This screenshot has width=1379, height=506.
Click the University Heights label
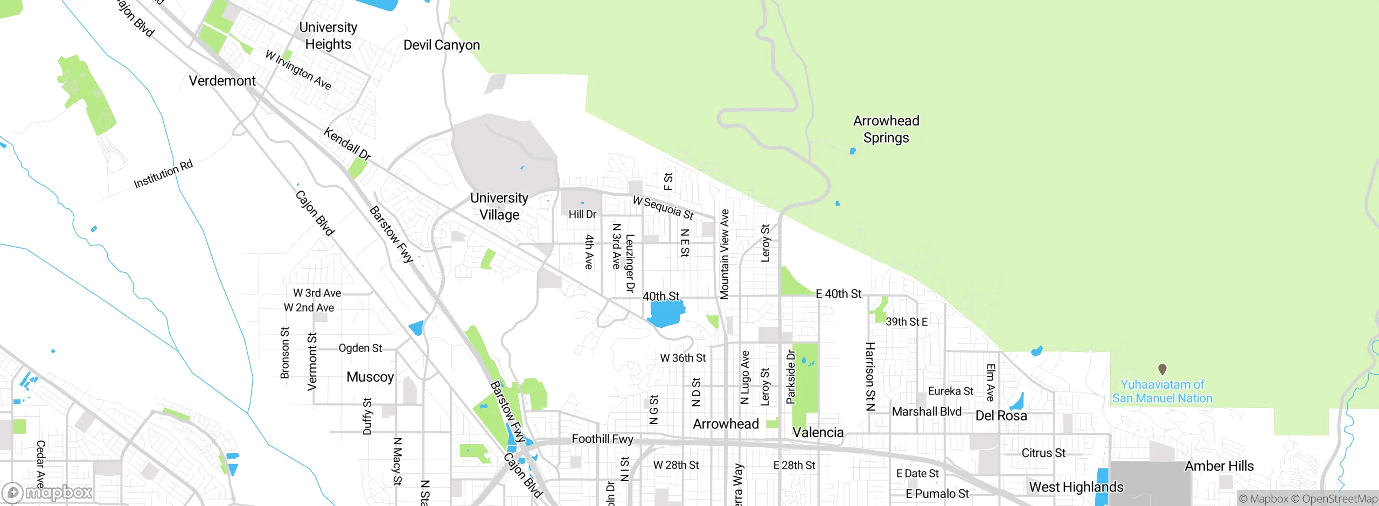click(328, 36)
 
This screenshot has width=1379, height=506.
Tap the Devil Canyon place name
click(441, 45)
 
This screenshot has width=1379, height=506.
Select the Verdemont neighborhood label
click(222, 81)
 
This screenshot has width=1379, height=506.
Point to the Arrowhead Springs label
click(886, 129)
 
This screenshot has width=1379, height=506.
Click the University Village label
click(499, 206)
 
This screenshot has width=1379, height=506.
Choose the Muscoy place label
click(370, 377)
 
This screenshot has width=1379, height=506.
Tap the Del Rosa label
click(1001, 416)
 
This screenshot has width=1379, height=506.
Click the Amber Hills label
click(1219, 466)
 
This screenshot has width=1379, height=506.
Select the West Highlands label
click(1076, 487)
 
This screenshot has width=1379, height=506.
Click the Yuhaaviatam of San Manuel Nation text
click(1162, 391)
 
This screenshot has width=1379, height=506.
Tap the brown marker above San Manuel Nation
click(1162, 369)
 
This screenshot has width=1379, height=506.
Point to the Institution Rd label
click(163, 174)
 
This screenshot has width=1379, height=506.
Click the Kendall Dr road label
click(347, 144)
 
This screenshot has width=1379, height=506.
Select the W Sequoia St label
click(663, 208)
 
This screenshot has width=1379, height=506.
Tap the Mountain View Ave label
click(725, 254)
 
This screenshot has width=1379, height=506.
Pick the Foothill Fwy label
click(602, 439)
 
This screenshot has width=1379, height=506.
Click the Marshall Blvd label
click(927, 412)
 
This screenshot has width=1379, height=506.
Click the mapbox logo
click(47, 493)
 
